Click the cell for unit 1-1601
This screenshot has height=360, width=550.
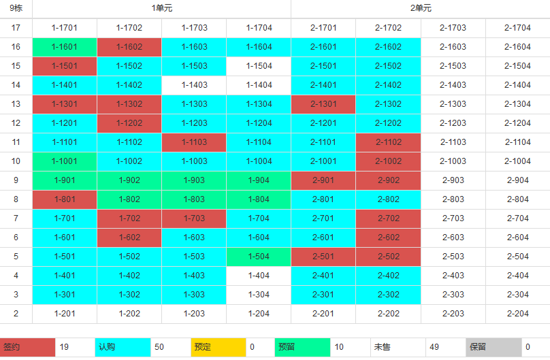point(64,47)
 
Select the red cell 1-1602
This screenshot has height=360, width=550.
point(129,47)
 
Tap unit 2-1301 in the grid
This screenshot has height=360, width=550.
point(323,104)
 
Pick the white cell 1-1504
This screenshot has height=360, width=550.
point(259,66)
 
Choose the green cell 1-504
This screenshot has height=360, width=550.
point(259,257)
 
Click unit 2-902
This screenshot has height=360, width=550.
point(388,180)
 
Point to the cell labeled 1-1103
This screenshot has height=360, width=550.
point(194,142)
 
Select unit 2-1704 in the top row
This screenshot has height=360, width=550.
point(518,28)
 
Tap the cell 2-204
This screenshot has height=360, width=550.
point(518,314)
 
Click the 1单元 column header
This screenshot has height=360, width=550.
point(161,9)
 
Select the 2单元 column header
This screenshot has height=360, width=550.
point(421,9)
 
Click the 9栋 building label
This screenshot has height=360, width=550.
point(16,9)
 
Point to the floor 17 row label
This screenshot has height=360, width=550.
point(16,28)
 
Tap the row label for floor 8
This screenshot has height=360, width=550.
point(16,199)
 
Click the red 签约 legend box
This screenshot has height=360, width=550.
point(27,347)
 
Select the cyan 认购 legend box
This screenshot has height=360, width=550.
point(122,347)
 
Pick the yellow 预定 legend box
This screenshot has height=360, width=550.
point(217,347)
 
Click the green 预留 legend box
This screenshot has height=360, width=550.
point(302,347)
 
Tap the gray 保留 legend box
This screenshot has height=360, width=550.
point(494,347)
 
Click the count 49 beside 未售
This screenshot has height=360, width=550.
point(434,347)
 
